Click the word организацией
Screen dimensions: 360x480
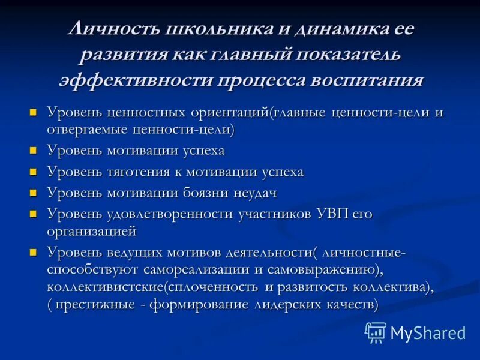[x=91, y=231]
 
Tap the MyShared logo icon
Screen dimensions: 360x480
[x=376, y=332]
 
